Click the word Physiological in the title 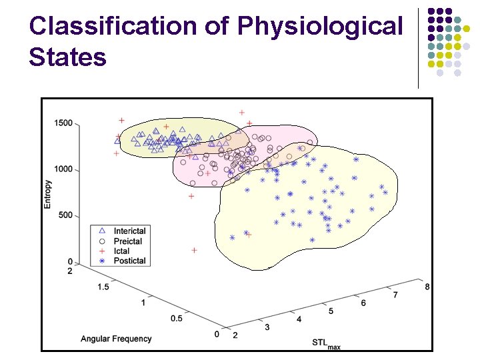(x=321, y=27)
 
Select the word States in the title (x=67, y=57)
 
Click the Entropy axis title (x=47, y=194)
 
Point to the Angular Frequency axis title (x=116, y=339)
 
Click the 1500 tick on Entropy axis (x=63, y=123)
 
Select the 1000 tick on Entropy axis (x=63, y=169)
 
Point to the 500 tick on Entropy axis (x=65, y=215)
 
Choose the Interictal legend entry (x=129, y=231)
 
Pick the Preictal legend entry (x=127, y=241)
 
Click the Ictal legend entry (x=121, y=251)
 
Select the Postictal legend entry (x=129, y=261)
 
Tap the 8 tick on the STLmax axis (x=427, y=287)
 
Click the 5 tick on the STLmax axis (x=331, y=311)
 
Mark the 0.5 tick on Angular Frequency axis (x=176, y=318)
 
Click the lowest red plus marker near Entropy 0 (x=194, y=250)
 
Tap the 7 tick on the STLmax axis (x=395, y=295)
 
